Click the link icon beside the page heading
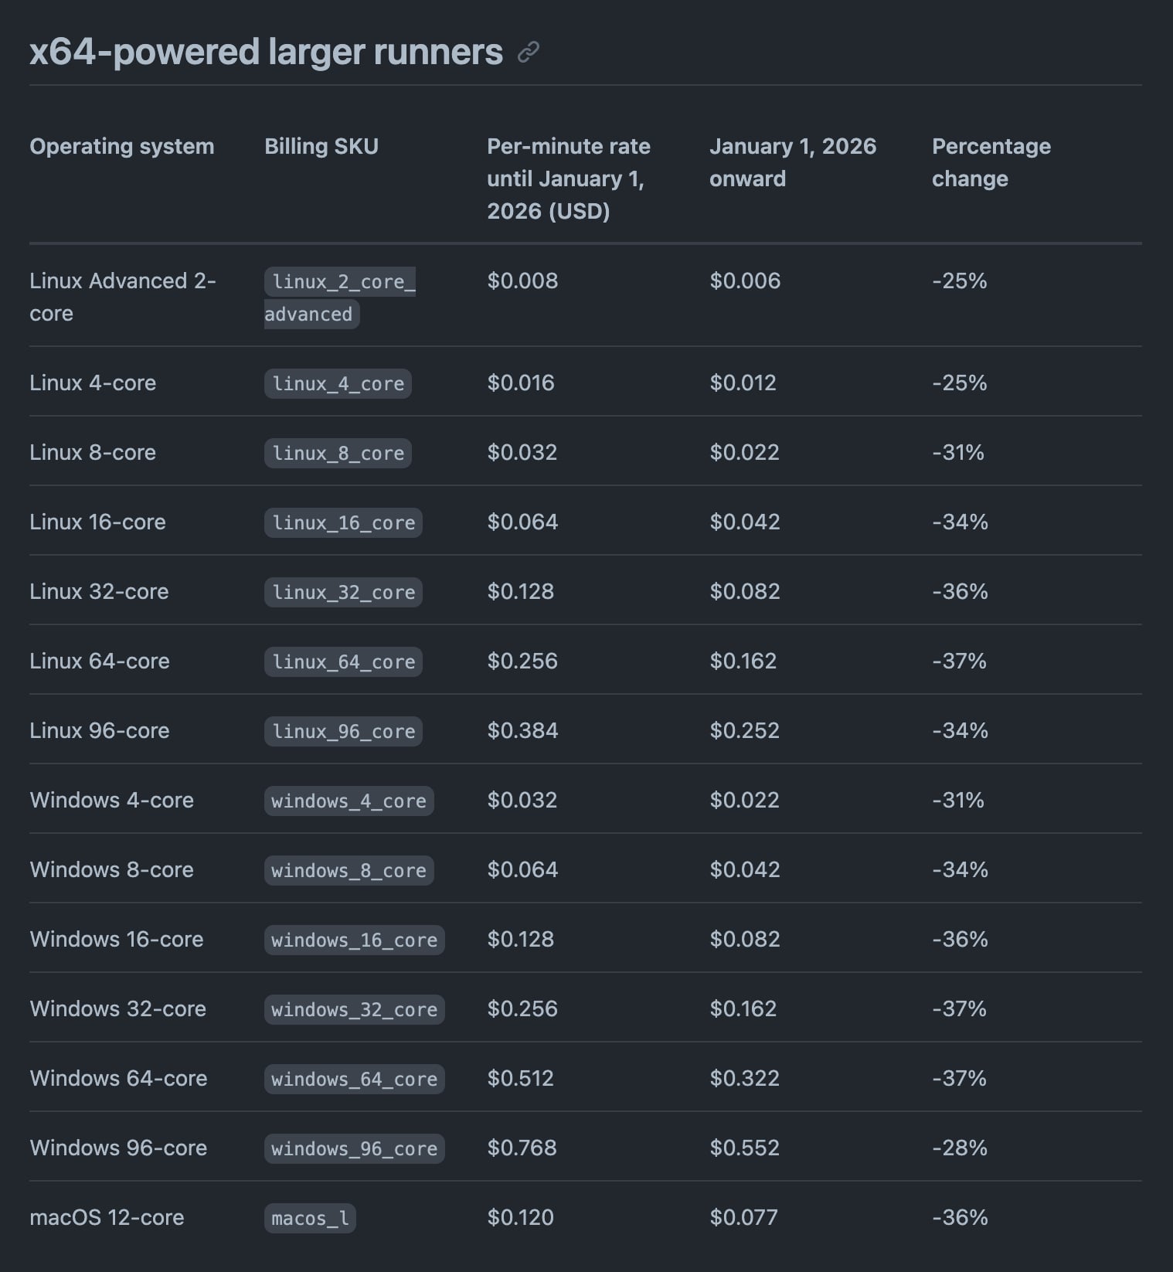click(529, 53)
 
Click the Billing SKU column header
click(321, 146)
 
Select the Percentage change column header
click(991, 162)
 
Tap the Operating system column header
click(121, 146)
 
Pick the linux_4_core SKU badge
click(338, 383)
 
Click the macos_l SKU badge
click(310, 1218)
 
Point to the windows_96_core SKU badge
click(354, 1148)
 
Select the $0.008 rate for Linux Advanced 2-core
click(522, 281)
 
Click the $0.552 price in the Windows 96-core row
click(744, 1148)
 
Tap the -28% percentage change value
click(959, 1148)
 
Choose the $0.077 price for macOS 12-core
click(743, 1217)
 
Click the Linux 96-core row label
click(99, 730)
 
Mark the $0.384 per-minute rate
click(522, 730)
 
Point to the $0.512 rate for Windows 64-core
click(520, 1078)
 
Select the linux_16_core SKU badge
click(343, 522)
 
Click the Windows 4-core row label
click(111, 800)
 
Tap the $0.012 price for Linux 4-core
click(743, 383)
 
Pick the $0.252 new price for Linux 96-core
click(744, 730)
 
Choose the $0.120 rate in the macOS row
click(520, 1217)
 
